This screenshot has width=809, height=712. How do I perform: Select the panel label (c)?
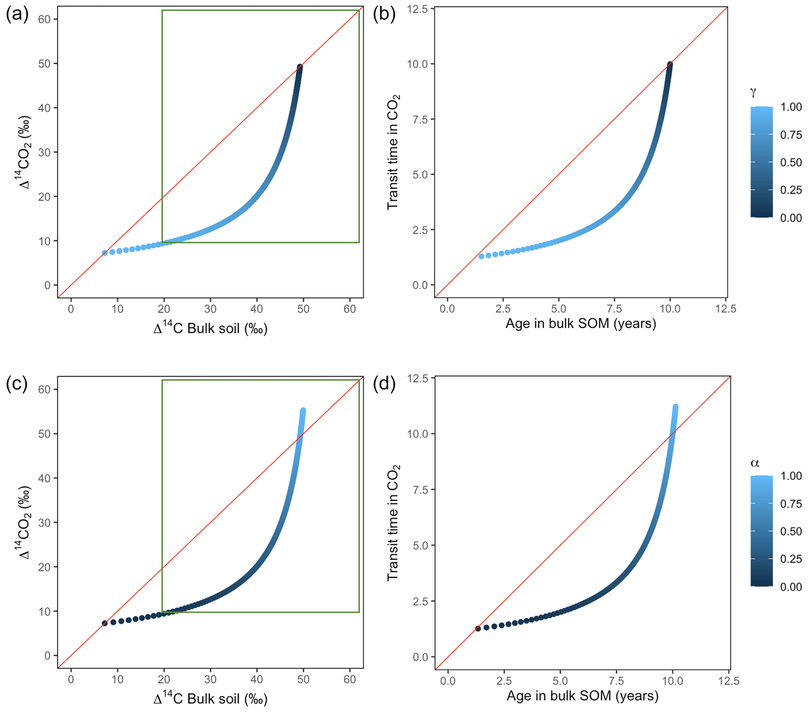pyautogui.click(x=17, y=384)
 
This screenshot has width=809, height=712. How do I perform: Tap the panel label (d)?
pyautogui.click(x=384, y=384)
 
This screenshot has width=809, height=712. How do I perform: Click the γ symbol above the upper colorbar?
pyautogui.click(x=753, y=92)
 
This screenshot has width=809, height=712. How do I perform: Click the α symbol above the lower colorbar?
pyautogui.click(x=755, y=462)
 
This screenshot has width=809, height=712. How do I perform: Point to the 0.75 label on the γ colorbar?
pyautogui.click(x=791, y=135)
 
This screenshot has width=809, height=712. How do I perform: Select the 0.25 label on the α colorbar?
pyautogui.click(x=791, y=559)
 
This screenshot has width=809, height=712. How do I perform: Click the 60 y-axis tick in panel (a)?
pyautogui.click(x=44, y=20)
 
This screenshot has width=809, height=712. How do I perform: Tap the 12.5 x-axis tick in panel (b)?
pyautogui.click(x=726, y=309)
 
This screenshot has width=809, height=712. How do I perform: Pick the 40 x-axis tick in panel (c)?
pyautogui.click(x=256, y=680)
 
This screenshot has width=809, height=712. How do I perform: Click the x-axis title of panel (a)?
pyautogui.click(x=211, y=329)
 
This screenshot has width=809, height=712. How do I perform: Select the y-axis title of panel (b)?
pyautogui.click(x=393, y=152)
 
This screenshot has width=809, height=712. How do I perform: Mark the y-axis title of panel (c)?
pyautogui.click(x=25, y=522)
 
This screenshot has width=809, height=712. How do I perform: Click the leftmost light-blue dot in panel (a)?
pyautogui.click(x=105, y=253)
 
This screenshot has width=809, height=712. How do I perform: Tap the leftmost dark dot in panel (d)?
pyautogui.click(x=478, y=629)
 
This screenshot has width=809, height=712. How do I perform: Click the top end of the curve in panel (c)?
pyautogui.click(x=303, y=410)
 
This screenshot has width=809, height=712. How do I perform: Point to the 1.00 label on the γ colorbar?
pyautogui.click(x=791, y=107)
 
